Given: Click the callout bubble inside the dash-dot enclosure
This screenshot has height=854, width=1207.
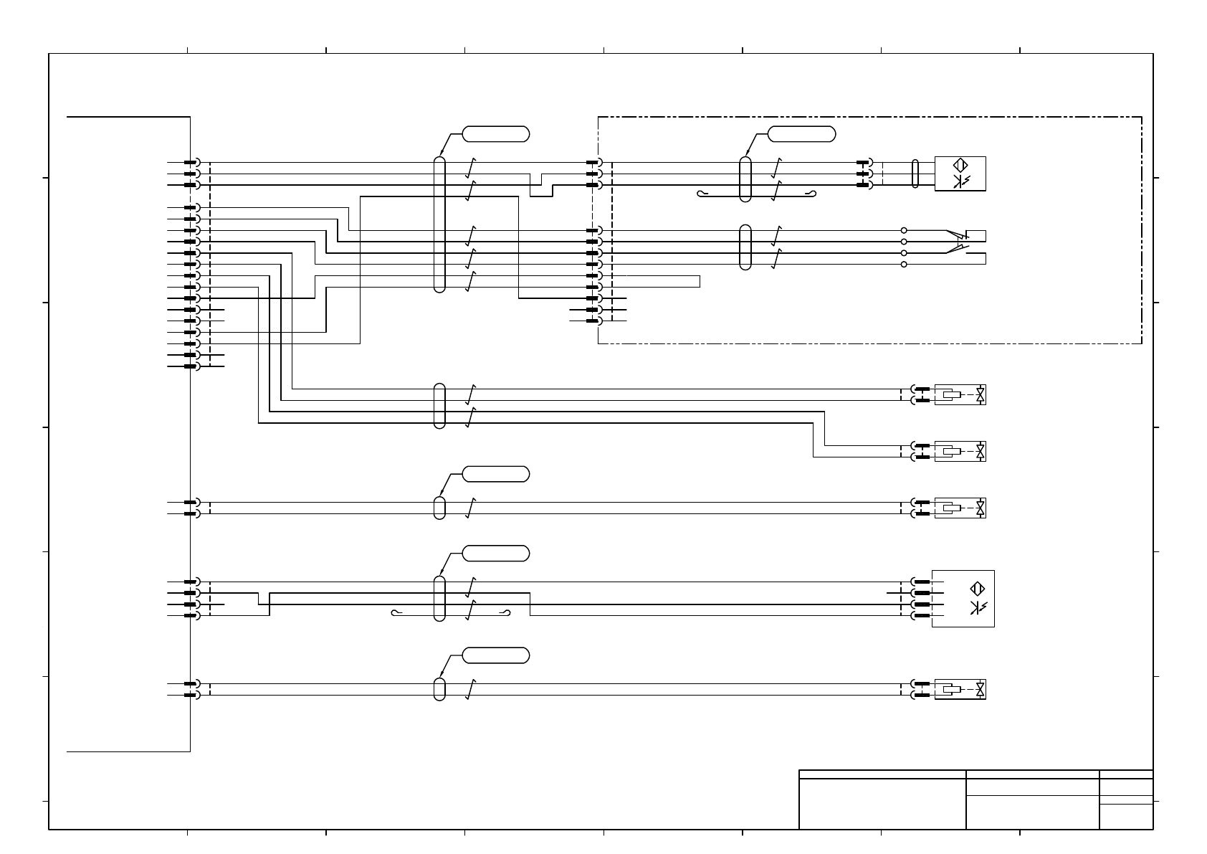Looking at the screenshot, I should [801, 133].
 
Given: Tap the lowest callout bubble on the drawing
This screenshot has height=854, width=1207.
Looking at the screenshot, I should [496, 655].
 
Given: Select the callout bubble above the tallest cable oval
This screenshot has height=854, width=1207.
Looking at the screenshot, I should [496, 133].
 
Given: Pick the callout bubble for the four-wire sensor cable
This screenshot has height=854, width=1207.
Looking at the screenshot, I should [496, 553].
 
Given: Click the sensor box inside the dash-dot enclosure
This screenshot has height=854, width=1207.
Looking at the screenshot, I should [960, 174].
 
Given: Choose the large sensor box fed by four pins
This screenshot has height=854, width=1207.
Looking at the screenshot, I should [963, 598].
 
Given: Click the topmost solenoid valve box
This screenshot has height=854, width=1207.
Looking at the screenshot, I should [960, 394].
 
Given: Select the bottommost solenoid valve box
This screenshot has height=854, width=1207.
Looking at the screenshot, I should [960, 689].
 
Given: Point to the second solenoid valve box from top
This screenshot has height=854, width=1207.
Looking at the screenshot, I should [960, 451].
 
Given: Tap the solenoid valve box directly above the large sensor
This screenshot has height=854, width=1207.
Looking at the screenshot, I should [960, 508].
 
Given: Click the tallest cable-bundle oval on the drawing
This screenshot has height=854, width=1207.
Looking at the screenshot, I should [439, 224].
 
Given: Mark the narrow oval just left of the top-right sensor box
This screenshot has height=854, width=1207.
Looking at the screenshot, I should [915, 174].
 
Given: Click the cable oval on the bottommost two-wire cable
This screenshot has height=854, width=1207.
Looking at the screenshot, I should [439, 689].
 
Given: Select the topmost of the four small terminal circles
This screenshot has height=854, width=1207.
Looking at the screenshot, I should [904, 230].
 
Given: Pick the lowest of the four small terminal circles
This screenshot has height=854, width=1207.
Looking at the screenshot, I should [904, 265].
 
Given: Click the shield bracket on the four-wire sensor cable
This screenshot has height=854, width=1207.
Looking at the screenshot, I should [451, 612].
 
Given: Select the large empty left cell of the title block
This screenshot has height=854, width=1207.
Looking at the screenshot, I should [882, 804].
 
